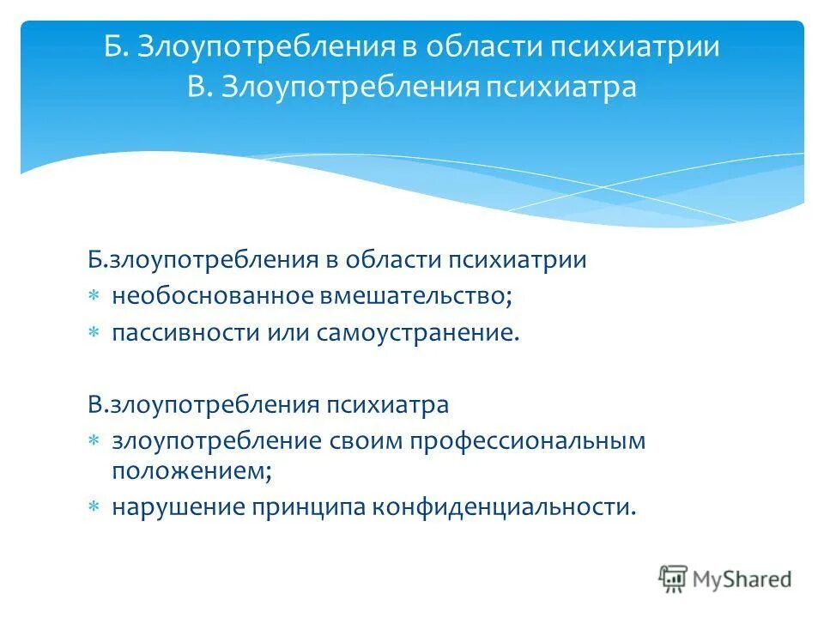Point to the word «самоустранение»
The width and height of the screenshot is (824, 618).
[x=422, y=333]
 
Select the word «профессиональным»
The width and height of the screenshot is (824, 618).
[x=527, y=440]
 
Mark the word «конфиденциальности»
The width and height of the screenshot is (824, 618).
[x=504, y=507]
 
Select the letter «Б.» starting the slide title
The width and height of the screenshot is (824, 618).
[x=115, y=46]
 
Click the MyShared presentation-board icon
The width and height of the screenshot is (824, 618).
[x=674, y=579]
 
